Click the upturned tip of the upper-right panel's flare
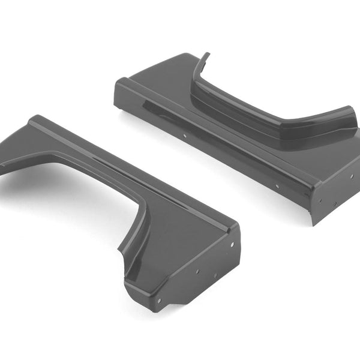[x=206, y=56]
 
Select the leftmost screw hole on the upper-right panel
[x=184, y=136]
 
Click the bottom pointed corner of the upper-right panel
[x=313, y=223]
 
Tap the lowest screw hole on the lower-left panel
[x=159, y=301]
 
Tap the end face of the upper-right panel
[x=336, y=192]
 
